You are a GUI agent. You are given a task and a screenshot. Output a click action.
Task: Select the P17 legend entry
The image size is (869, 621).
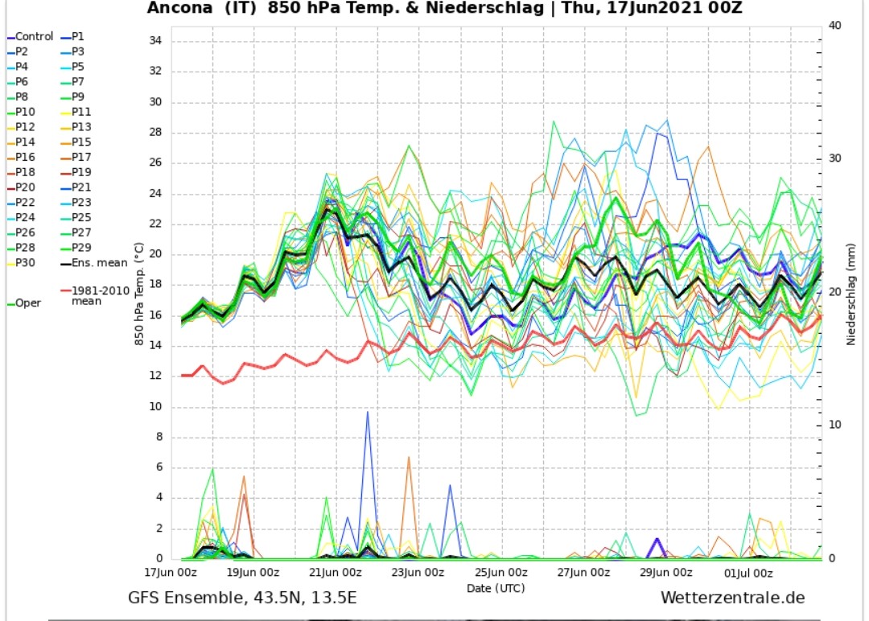point(81,157)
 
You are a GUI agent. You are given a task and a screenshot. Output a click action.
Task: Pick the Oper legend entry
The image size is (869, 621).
point(28,303)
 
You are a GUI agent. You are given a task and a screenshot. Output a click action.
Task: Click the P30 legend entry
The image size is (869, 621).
point(25,262)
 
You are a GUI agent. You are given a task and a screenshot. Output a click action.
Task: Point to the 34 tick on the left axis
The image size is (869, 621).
point(154,40)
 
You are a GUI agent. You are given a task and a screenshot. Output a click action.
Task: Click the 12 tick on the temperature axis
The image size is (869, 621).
point(154,376)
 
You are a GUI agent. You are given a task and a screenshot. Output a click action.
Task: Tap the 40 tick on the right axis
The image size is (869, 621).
point(835,25)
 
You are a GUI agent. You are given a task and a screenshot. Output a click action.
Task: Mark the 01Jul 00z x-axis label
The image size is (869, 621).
point(749,573)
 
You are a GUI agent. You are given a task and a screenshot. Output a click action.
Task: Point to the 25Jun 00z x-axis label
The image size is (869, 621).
point(501,573)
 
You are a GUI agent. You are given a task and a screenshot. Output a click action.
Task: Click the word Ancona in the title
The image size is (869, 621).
point(178,9)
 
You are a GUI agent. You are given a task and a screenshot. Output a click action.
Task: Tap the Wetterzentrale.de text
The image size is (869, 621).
point(732,598)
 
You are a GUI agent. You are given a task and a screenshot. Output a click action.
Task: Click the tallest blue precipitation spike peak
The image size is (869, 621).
point(368,412)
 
